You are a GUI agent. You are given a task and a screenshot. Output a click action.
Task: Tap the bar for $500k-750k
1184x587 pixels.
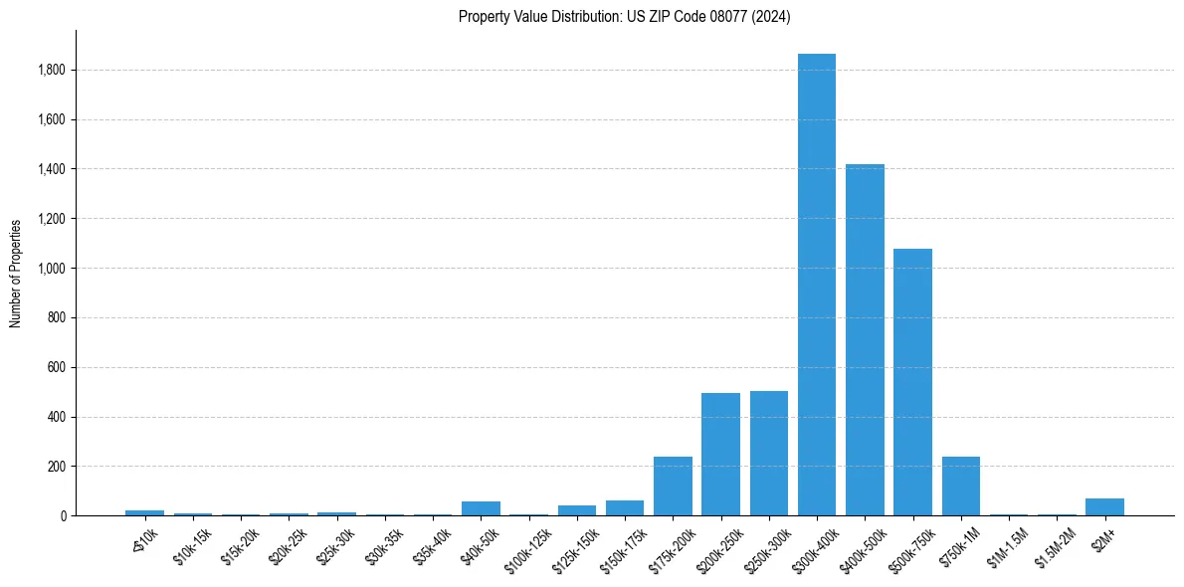coord(912,382)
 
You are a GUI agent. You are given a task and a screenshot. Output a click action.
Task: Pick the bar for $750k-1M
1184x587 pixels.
coord(960,487)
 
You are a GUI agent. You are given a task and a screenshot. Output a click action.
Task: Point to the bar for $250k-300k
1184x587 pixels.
coord(768,454)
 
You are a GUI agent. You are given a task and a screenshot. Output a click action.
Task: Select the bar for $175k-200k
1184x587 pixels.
coord(673,487)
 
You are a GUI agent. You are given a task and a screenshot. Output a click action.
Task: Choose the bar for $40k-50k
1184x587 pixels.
coord(481,508)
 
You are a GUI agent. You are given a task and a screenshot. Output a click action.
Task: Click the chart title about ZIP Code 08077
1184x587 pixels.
coord(624,17)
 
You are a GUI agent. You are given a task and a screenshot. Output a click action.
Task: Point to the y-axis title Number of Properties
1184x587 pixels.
coord(16,273)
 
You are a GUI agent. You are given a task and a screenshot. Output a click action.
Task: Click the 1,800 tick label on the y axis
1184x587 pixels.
coord(51,71)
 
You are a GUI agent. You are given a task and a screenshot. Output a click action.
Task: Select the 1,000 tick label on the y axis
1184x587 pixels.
coord(51,269)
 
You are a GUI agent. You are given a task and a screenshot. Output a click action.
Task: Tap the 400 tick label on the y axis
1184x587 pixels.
coord(57,417)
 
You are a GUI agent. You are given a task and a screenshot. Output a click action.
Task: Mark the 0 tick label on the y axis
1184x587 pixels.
coord(63,516)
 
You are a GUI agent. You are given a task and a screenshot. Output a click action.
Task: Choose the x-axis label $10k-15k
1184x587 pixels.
coord(191,542)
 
